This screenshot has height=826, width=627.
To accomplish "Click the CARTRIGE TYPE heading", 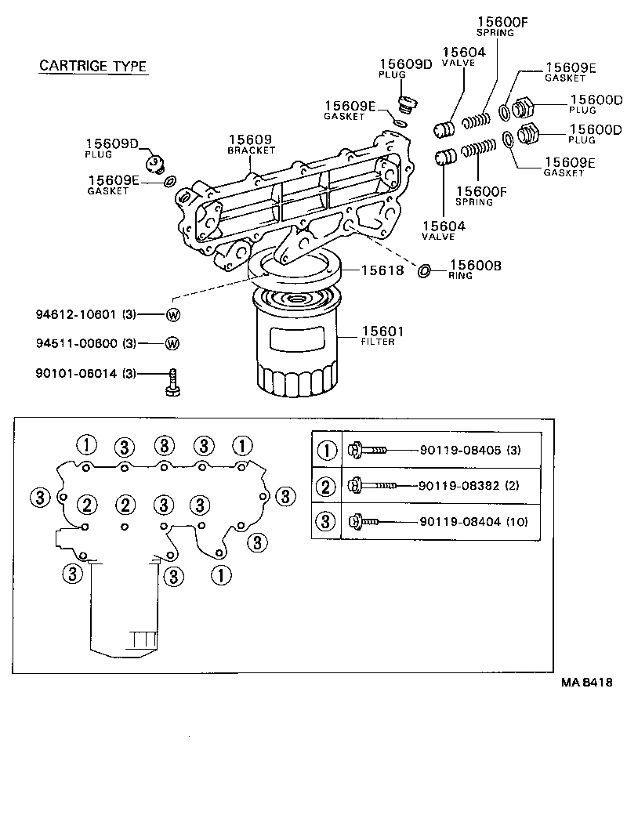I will click(92, 66).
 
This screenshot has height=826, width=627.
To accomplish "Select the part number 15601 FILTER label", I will click(377, 335).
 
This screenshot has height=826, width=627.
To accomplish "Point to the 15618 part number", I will click(382, 270).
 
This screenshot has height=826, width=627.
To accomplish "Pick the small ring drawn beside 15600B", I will click(423, 270).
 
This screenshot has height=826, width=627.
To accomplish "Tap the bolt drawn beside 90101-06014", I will click(172, 382).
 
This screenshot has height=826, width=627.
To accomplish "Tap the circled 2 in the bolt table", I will click(327, 486).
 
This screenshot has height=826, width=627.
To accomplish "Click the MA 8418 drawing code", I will click(585, 683).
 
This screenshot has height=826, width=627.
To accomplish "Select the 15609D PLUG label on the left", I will click(111, 148).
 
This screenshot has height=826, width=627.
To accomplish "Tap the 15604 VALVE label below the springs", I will click(443, 230).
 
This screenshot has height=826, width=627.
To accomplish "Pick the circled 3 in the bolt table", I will click(327, 521).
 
